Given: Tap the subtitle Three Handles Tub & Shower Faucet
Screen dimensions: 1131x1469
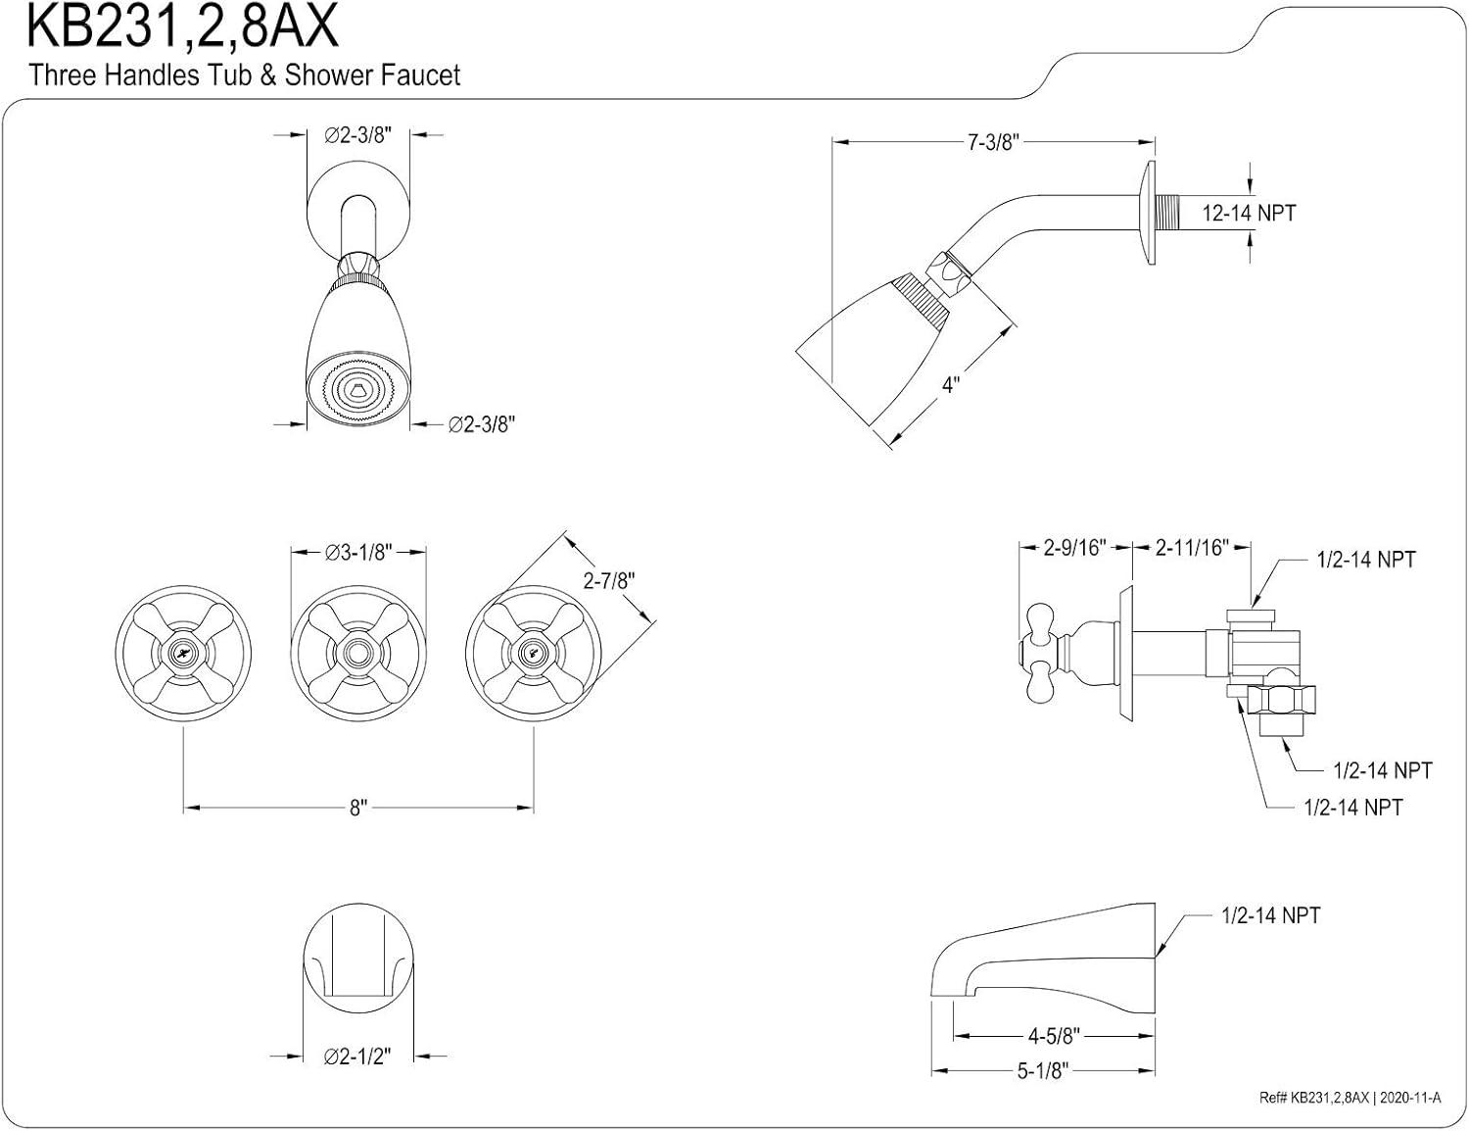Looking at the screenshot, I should pyautogui.click(x=244, y=74).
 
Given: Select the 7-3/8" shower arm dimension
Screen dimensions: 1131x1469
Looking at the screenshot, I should pyautogui.click(x=993, y=143).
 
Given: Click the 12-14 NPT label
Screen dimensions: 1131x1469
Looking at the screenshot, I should pyautogui.click(x=1248, y=213).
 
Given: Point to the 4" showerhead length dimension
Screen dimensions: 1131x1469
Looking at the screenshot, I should pyautogui.click(x=950, y=384).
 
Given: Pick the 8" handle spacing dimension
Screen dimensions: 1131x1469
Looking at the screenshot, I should pyautogui.click(x=358, y=808).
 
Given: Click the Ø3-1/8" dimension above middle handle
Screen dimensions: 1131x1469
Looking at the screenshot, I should pyautogui.click(x=358, y=553).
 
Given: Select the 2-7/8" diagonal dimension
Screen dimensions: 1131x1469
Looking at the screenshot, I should pyautogui.click(x=608, y=580).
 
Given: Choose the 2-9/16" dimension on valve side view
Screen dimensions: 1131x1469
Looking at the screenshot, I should pyautogui.click(x=1073, y=547).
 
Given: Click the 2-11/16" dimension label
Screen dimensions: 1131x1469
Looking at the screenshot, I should pyautogui.click(x=1192, y=547).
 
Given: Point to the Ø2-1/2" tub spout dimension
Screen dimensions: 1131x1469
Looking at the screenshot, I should pyautogui.click(x=357, y=1056).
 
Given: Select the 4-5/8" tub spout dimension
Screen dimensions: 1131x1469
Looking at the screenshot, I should pyautogui.click(x=1054, y=1036).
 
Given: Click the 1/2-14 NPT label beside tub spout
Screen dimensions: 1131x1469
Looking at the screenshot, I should pyautogui.click(x=1270, y=915).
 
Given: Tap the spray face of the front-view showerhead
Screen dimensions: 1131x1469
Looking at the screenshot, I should pyautogui.click(x=357, y=392).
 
